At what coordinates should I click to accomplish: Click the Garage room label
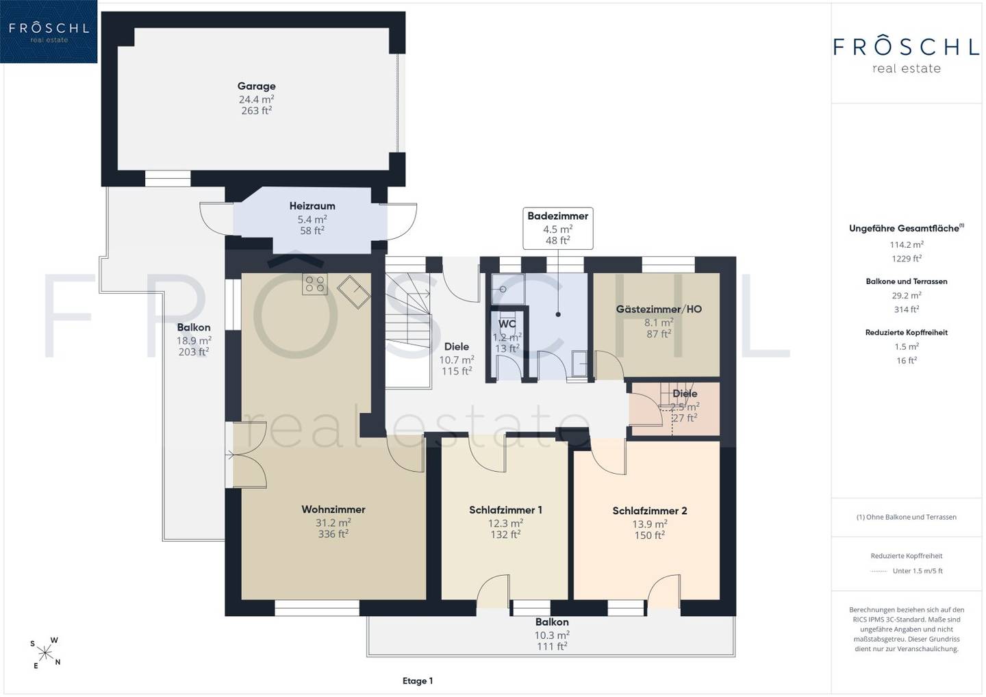257,86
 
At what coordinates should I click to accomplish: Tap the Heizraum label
312,206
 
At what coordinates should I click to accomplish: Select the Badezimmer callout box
557,229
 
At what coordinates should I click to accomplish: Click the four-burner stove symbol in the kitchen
315,284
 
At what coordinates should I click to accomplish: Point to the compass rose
45,653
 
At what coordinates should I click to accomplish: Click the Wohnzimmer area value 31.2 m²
333,523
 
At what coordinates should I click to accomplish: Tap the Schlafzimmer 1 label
505,510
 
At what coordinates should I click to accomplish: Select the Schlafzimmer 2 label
650,511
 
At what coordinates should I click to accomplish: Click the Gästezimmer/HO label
659,309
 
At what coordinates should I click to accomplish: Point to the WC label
507,325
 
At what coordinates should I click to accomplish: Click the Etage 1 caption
418,681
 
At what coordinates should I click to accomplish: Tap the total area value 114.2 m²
907,244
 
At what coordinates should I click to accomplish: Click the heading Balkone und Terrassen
907,281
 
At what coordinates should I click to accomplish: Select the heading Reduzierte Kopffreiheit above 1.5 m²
907,333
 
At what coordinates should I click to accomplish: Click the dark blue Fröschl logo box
49,31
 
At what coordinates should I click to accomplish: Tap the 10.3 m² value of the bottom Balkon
552,635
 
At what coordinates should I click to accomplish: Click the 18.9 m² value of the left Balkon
194,340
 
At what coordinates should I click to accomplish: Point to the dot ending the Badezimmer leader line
558,315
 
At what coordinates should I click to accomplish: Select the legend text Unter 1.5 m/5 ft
918,571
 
